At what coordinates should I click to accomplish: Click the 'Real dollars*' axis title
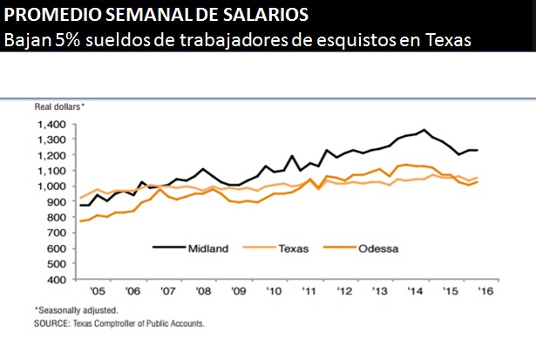(x=59, y=106)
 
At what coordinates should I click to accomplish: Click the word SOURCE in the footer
(x=53, y=323)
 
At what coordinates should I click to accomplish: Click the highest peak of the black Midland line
(x=424, y=130)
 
